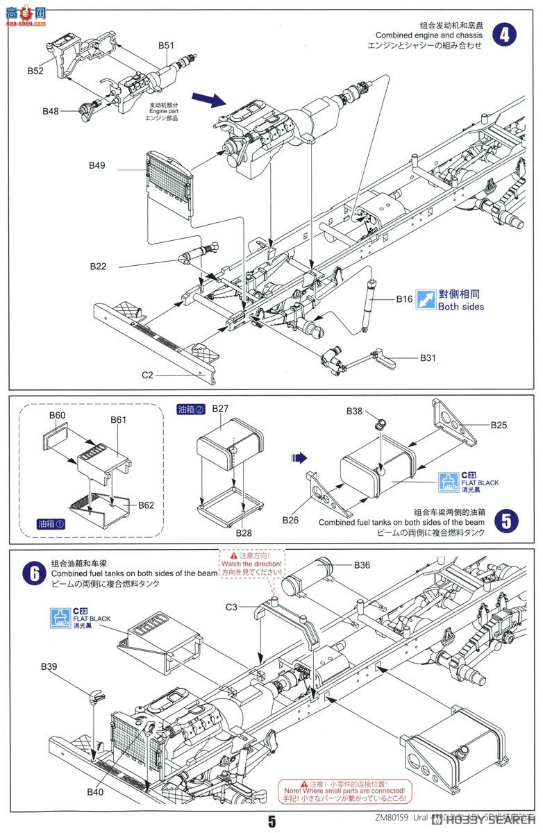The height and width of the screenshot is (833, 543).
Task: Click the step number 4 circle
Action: [x=505, y=34]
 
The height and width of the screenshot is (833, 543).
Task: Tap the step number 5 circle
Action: [x=508, y=521]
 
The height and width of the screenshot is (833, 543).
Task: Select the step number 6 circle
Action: [x=33, y=574]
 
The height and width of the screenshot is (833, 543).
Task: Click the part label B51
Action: [x=166, y=45]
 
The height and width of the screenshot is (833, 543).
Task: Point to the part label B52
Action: [x=35, y=71]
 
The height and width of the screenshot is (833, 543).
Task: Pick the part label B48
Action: [x=51, y=111]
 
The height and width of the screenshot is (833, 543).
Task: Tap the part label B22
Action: [x=98, y=267]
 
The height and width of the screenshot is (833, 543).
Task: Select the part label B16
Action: [x=405, y=299]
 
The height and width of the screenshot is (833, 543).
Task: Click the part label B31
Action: [x=428, y=358]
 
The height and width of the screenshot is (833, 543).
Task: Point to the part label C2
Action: [x=147, y=375]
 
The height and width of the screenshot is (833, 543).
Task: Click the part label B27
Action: [x=220, y=409]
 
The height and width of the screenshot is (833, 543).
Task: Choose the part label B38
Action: [x=355, y=411]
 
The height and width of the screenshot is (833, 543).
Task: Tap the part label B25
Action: [x=499, y=424]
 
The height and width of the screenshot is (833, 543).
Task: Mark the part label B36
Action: [x=362, y=565]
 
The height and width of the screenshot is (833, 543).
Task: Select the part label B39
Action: [x=49, y=666]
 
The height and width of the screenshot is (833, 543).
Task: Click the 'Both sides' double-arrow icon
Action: [x=426, y=299]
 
